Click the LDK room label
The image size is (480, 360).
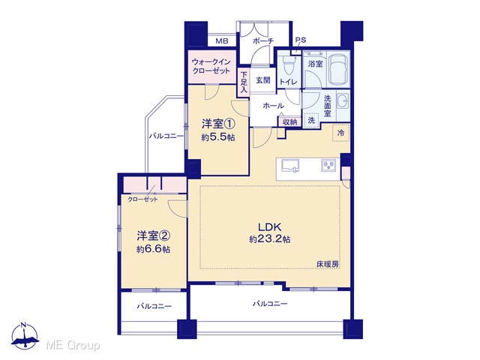(x=270, y=226)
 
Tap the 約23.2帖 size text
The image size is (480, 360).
(x=270, y=239)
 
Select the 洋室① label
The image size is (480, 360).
(x=218, y=124)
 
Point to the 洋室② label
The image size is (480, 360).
(x=153, y=235)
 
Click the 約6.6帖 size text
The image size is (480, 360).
(x=153, y=249)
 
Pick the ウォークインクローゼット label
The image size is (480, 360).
(x=211, y=67)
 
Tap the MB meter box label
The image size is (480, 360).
(x=222, y=41)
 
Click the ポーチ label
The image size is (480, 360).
(x=263, y=41)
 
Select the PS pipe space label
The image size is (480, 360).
(x=300, y=40)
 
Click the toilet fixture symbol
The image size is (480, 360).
(x=289, y=65)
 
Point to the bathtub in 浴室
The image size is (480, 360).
(x=338, y=68)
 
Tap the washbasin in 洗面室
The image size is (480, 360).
(x=343, y=100)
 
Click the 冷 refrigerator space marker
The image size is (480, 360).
(x=340, y=133)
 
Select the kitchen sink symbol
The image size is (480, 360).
(x=290, y=166)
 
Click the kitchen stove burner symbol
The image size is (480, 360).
(x=328, y=166)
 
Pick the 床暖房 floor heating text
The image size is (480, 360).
(x=328, y=264)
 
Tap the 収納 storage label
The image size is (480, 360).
(x=289, y=121)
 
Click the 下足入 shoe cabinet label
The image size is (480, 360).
(x=244, y=82)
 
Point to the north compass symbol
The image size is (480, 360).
(x=25, y=336)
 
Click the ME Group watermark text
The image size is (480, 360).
(x=73, y=345)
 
